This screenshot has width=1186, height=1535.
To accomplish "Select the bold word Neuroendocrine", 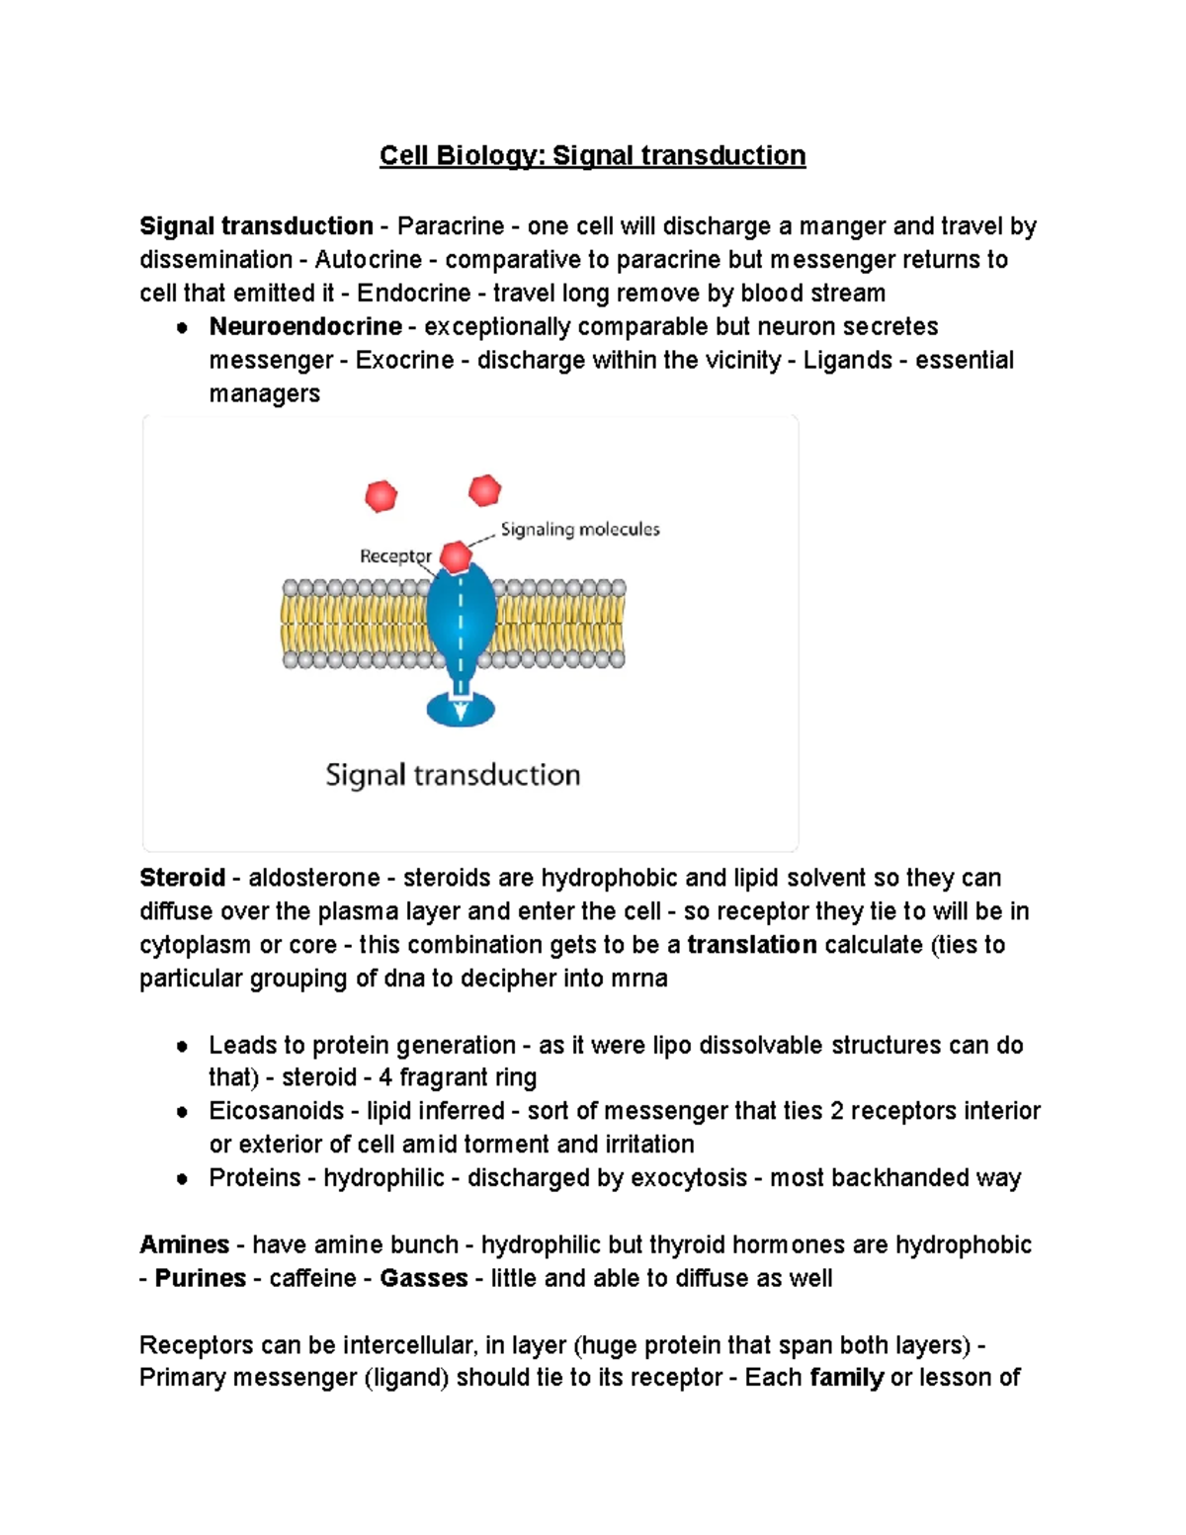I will (305, 326).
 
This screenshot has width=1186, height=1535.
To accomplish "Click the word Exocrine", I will (404, 360).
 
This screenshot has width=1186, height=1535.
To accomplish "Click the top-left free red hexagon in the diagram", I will (381, 495).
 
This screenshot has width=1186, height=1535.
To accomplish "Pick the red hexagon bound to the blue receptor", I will (456, 557).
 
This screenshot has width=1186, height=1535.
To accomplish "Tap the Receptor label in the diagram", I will (394, 556).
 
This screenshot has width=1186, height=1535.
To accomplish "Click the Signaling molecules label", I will (580, 530).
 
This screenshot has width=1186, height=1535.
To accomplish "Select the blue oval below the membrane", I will (461, 709).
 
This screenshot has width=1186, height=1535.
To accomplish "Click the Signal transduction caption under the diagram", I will (453, 775).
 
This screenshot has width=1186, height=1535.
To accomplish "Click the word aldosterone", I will (313, 878).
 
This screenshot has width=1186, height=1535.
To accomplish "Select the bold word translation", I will (751, 945).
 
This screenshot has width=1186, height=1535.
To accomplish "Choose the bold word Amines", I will (184, 1244).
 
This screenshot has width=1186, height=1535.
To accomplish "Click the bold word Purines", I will (200, 1278).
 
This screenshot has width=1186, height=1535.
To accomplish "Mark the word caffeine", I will (312, 1278).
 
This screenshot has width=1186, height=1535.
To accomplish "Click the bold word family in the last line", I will (846, 1378).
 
